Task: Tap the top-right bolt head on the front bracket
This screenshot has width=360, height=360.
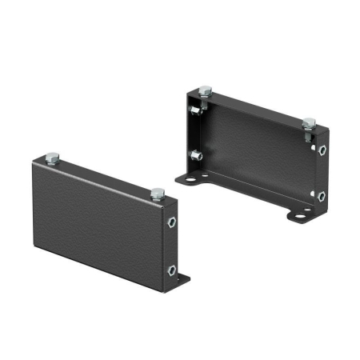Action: pos(158,193)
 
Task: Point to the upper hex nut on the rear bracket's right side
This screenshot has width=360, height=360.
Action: pos(322,150)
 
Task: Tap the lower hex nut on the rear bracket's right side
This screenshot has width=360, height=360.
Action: pos(322,195)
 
